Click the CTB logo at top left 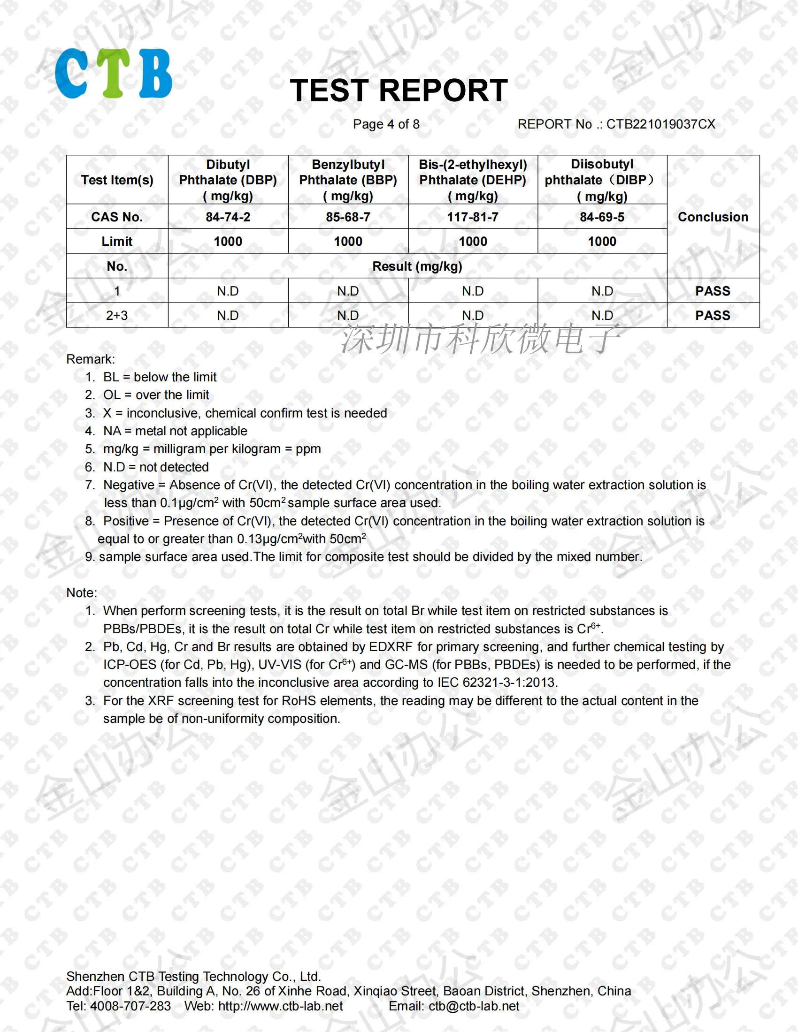(114, 74)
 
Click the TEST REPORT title (399, 90)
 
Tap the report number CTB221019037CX (660, 124)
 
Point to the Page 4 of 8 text (386, 124)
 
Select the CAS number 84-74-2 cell (228, 217)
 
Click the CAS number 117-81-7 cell (473, 217)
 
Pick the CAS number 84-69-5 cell (602, 217)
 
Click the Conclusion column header (713, 217)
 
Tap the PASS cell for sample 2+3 (713, 315)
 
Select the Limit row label (117, 242)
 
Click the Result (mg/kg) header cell (417, 266)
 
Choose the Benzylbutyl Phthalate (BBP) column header (348, 180)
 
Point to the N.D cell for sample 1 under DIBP (602, 291)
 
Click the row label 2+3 (117, 315)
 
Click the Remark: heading (90, 359)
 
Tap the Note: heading (81, 592)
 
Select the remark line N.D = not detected (156, 467)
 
